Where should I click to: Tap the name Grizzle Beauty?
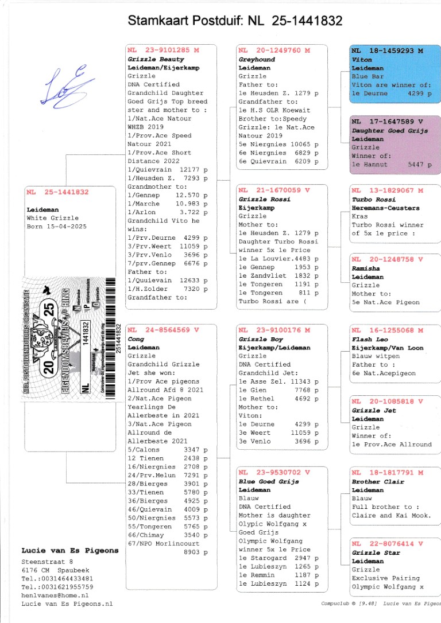point(156,59)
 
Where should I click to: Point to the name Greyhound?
point(257,59)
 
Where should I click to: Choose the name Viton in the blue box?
point(362,59)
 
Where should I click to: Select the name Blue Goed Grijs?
point(269,481)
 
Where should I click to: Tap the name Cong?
point(136,339)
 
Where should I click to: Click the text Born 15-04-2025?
point(55,227)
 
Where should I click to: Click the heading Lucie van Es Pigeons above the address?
point(69,551)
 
